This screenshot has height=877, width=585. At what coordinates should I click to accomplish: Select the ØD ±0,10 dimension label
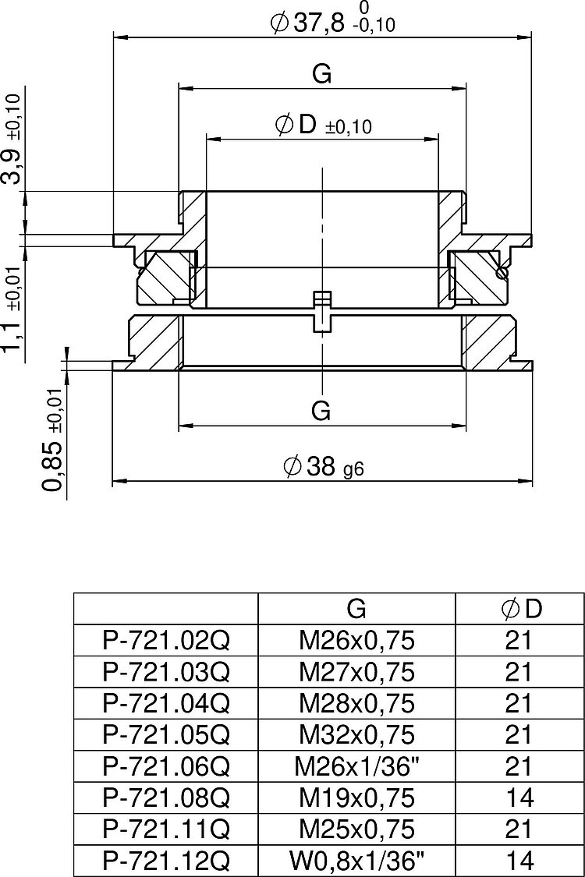point(324,124)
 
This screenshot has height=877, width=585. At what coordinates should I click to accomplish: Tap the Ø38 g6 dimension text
point(324,466)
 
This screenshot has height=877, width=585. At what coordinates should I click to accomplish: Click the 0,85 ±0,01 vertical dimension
point(55,439)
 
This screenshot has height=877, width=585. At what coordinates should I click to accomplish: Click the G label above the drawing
point(322,74)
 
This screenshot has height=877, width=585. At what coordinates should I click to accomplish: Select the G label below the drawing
point(321,411)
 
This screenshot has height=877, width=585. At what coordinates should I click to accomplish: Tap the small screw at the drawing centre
point(322,311)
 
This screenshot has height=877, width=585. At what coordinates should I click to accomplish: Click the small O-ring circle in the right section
point(502,272)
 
